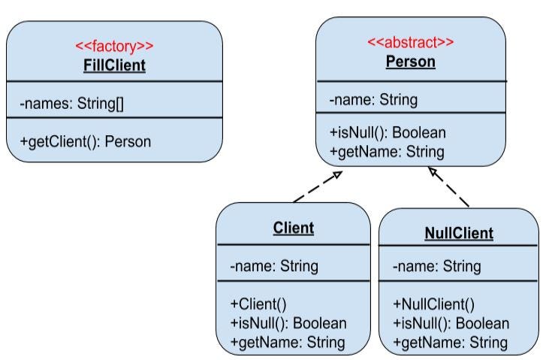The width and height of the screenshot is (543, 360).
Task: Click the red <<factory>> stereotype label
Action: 114,47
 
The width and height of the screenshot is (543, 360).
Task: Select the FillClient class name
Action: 114,65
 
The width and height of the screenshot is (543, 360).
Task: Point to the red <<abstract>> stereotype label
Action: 410,42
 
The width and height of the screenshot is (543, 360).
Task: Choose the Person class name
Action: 410,62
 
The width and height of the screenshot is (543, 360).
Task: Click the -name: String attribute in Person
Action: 373,98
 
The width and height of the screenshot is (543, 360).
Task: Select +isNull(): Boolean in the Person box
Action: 388,133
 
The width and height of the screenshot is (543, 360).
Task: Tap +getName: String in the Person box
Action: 386,151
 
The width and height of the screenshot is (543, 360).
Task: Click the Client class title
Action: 294,227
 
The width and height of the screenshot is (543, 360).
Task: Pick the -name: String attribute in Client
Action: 274,266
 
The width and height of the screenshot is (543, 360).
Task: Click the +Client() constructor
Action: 258,304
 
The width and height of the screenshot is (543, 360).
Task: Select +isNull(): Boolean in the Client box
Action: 288,323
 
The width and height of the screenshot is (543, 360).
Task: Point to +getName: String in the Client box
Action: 287,343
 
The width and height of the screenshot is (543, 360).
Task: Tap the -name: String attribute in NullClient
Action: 436,267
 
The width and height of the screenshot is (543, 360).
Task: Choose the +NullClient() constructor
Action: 434,305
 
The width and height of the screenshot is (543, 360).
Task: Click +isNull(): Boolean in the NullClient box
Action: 451,324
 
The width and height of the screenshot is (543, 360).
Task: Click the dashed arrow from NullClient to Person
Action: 448,187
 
